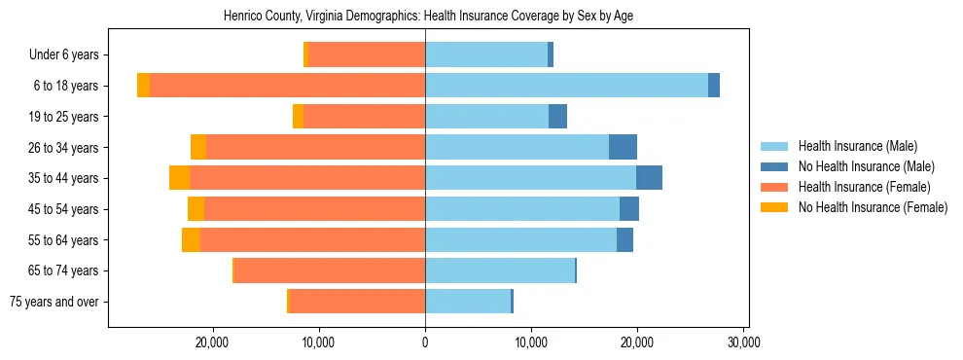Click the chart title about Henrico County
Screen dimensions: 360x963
[428, 17]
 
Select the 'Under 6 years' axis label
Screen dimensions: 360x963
[69, 54]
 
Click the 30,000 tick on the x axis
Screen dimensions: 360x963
[743, 342]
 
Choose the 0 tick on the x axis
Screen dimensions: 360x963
[425, 342]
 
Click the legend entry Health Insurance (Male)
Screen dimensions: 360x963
[856, 146]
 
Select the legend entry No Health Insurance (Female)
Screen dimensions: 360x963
[872, 207]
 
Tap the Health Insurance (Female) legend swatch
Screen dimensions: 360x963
[775, 187]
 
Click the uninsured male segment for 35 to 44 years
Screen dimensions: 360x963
[649, 178]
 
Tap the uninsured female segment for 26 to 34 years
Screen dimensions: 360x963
[198, 147]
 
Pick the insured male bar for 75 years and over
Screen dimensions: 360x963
[468, 302]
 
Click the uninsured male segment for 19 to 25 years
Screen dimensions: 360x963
[557, 117]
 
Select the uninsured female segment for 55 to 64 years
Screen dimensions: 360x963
[191, 239]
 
